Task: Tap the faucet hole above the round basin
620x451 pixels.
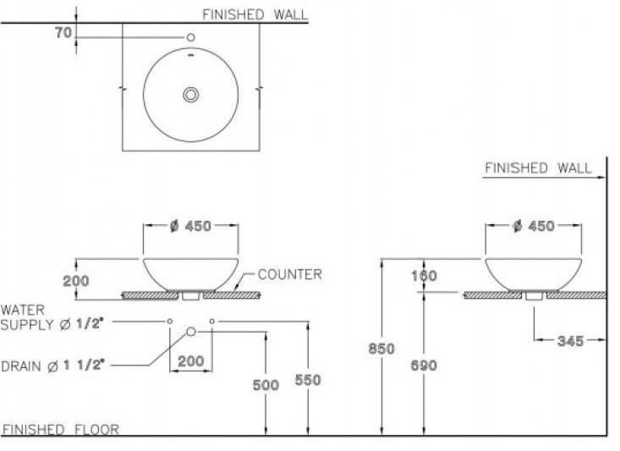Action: click(x=190, y=37)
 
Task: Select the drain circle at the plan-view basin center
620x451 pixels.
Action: click(x=191, y=94)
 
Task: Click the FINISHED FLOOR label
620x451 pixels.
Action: click(x=60, y=429)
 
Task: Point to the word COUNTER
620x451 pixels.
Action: click(x=289, y=274)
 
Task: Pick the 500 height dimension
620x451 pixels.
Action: click(x=266, y=385)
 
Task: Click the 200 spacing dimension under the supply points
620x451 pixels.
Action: click(x=190, y=361)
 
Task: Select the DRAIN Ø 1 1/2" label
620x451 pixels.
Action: click(x=52, y=365)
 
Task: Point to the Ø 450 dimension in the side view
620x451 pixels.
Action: click(x=533, y=226)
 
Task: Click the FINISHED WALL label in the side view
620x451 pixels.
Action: click(x=538, y=168)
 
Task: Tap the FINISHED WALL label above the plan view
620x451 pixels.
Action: click(x=255, y=14)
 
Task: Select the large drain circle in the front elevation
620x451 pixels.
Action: click(x=191, y=332)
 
